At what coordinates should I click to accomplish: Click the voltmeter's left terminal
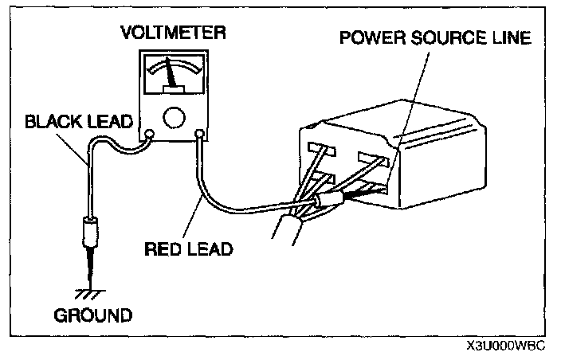[149, 134]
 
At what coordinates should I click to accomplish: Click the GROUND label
[92, 315]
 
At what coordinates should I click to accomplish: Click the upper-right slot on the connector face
[372, 160]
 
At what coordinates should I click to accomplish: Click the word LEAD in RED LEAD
[209, 248]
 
